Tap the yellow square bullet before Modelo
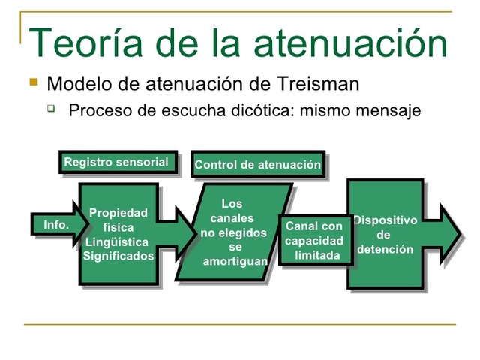coord(32,80)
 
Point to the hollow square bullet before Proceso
coord(51,109)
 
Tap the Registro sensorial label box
coord(118,163)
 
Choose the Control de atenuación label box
coord(257,165)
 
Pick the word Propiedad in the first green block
coord(118,213)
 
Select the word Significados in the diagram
coord(118,256)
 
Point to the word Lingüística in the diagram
coord(117,241)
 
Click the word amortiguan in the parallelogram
coord(235,261)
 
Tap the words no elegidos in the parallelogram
coord(233,232)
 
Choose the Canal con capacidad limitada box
coord(314,241)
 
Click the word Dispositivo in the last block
coord(385,220)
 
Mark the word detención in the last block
coord(385,249)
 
